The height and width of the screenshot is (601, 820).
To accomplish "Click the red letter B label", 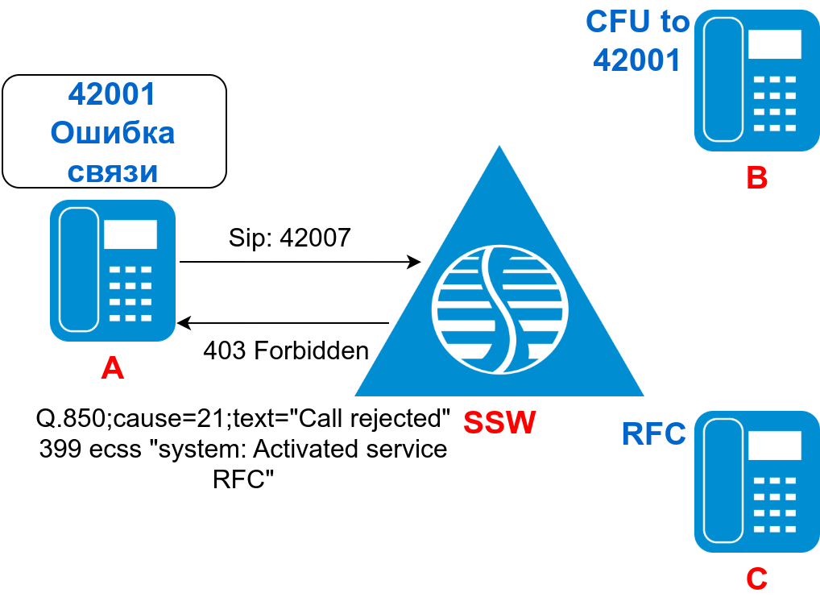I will (x=756, y=177).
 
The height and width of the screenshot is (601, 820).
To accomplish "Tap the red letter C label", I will (x=756, y=578).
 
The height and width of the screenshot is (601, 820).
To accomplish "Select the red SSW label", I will (x=499, y=422).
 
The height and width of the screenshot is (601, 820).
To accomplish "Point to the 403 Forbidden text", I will (x=286, y=350).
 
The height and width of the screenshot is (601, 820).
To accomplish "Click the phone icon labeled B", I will (x=756, y=81).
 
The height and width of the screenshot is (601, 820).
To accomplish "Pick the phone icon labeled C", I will (x=756, y=482).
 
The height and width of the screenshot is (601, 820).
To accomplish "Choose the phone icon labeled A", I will (x=113, y=271).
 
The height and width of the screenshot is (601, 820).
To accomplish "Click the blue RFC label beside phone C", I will (x=653, y=434).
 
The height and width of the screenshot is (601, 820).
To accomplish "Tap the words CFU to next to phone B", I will (x=638, y=22).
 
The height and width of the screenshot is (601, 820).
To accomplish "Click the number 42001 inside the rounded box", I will (x=112, y=94).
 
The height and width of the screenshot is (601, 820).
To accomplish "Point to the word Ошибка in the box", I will (x=112, y=133).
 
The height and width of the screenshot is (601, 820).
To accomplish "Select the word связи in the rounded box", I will (x=112, y=171).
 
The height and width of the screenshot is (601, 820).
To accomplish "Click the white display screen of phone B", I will (x=774, y=44).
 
